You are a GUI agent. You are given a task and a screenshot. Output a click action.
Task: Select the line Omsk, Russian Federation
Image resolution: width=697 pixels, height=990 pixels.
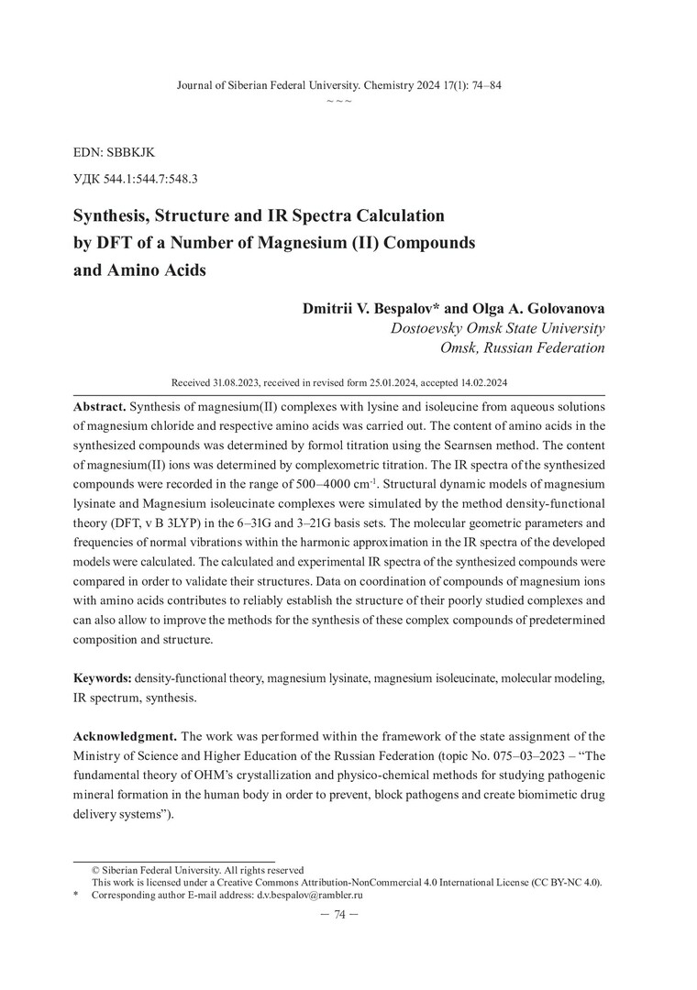coord(523,348)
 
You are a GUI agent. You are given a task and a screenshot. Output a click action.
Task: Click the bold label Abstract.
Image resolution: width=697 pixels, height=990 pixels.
coord(100,405)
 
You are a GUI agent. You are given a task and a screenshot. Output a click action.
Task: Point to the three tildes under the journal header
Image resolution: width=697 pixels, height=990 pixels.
coord(339,101)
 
